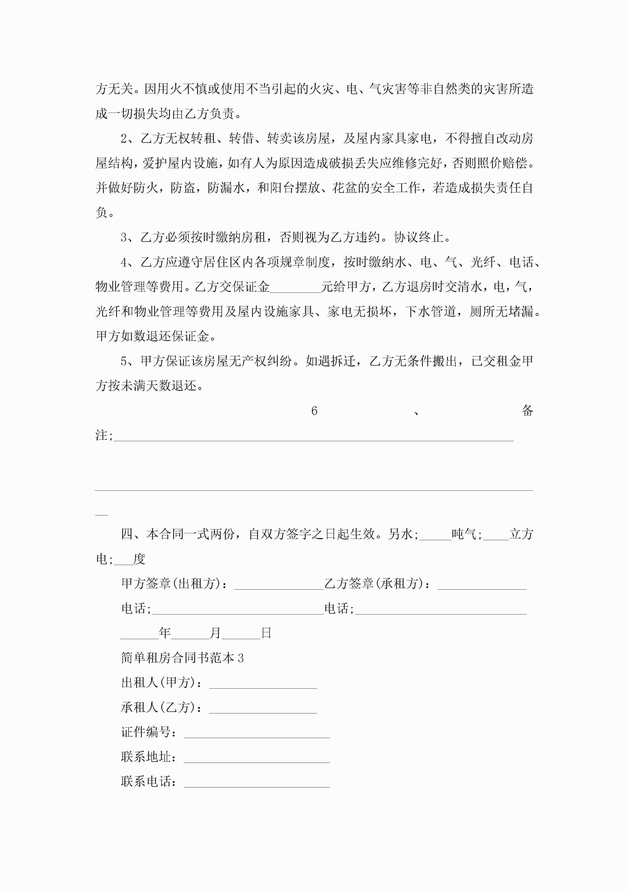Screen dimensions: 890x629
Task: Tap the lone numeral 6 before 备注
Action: coord(314,411)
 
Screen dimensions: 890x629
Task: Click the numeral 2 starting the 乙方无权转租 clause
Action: coord(124,138)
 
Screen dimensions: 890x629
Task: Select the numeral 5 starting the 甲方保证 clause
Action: coord(124,361)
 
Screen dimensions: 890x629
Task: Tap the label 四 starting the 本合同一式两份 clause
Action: coord(127,534)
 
